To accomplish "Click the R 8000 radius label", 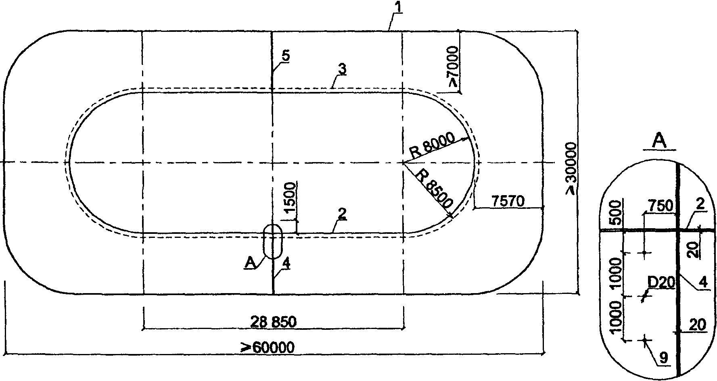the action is pyautogui.click(x=432, y=145).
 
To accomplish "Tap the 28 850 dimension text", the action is pyautogui.click(x=274, y=322).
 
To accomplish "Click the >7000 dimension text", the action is pyautogui.click(x=453, y=67).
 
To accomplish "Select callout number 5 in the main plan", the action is pyautogui.click(x=285, y=56).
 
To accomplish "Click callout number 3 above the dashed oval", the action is pyautogui.click(x=342, y=69).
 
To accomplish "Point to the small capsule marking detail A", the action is pyautogui.click(x=273, y=241).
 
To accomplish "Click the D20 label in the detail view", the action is pyautogui.click(x=661, y=283).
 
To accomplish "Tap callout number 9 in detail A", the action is pyautogui.click(x=664, y=357).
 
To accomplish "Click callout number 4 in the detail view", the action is pyautogui.click(x=703, y=283).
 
